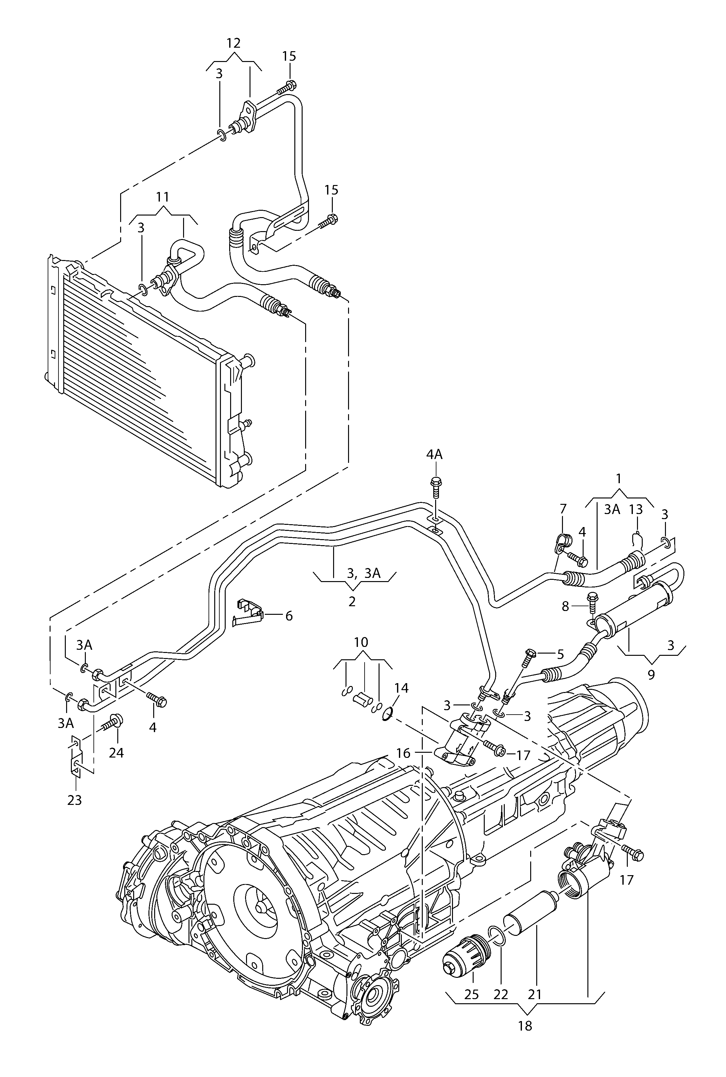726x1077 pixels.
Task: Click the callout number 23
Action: [75, 800]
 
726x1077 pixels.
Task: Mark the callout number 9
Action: [651, 675]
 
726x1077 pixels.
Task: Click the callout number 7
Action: [563, 509]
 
